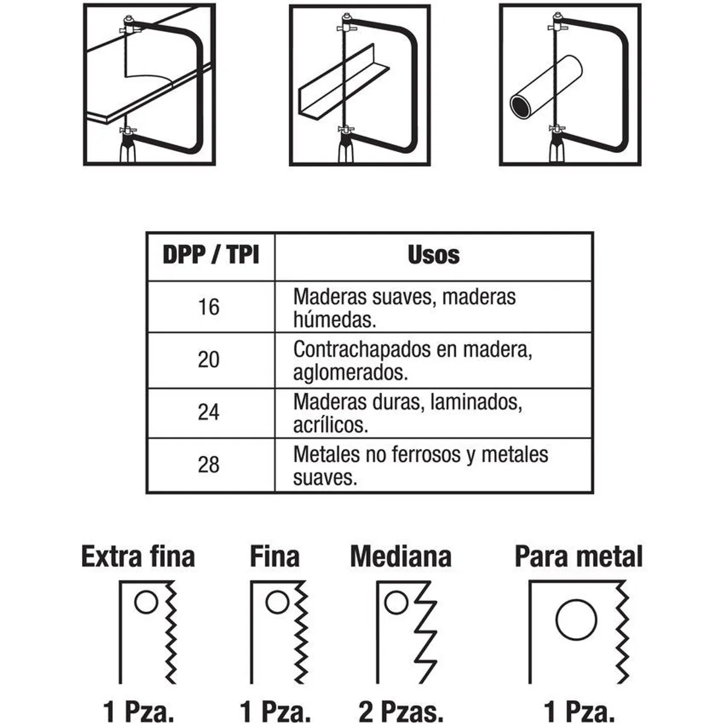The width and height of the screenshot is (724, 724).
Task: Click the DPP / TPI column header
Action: (211, 255)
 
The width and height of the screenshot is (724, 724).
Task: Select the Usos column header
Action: (433, 255)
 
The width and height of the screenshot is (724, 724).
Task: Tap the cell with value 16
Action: (209, 307)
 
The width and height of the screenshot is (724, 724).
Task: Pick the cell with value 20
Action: (209, 360)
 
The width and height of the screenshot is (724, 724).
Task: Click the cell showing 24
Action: (209, 413)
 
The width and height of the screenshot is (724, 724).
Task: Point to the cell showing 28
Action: (209, 465)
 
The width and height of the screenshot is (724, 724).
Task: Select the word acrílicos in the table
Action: (330, 426)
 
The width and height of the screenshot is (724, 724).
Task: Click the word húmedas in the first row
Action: (334, 320)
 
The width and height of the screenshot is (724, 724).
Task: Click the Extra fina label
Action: (138, 557)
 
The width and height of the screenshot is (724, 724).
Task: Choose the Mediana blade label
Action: (401, 557)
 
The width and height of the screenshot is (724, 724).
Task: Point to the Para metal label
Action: (579, 557)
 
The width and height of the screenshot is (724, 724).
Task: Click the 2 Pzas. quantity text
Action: (401, 711)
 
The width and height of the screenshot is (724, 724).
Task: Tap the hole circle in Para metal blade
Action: (576, 620)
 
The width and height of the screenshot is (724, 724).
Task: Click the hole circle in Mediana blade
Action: (396, 603)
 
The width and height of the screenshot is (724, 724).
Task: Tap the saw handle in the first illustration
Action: (127, 151)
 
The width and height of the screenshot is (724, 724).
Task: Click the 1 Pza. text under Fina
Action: (275, 711)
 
